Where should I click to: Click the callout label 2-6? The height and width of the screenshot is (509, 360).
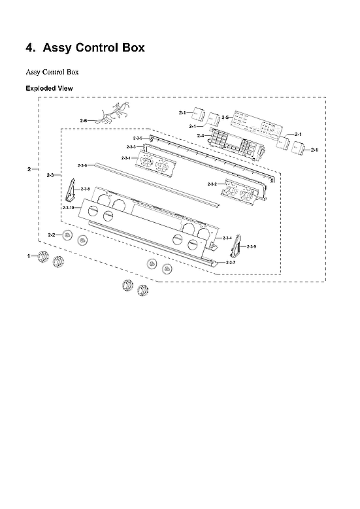(83, 121)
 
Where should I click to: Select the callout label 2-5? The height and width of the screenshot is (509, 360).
(225, 117)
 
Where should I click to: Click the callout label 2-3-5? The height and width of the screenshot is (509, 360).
(138, 139)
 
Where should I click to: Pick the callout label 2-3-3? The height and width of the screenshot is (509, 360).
(131, 147)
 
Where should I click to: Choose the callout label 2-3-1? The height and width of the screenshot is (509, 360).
(125, 158)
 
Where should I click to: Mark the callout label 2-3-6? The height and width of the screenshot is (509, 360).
(82, 165)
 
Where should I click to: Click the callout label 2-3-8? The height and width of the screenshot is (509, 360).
(85, 189)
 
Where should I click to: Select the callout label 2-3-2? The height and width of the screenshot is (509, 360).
(212, 184)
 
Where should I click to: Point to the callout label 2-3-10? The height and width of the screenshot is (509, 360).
(68, 207)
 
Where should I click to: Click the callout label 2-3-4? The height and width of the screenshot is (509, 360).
(227, 237)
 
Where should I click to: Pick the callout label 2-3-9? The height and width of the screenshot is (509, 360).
(251, 246)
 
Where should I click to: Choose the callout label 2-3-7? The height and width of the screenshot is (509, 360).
(231, 262)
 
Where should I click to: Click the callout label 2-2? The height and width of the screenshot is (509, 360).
(52, 234)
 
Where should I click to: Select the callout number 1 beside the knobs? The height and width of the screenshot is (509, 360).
(29, 257)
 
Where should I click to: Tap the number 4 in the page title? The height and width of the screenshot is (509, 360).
(29, 48)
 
